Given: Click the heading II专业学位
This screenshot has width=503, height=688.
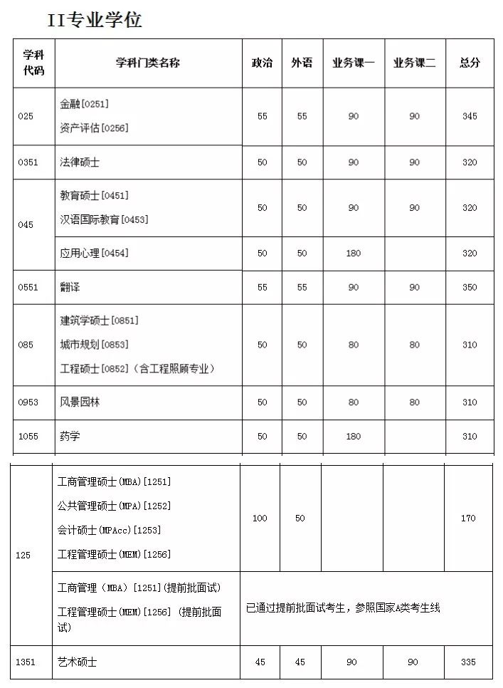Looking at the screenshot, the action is (x=95, y=20).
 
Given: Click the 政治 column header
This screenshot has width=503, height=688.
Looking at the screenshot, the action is (x=262, y=63).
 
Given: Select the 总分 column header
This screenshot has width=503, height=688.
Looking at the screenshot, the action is (x=470, y=63).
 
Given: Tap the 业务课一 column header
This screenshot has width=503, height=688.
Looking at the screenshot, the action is (x=353, y=63).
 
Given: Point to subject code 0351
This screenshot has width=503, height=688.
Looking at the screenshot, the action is (x=28, y=162).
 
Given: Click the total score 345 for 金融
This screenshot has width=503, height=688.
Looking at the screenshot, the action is (x=470, y=116).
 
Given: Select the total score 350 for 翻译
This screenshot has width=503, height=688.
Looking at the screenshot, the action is (x=470, y=287).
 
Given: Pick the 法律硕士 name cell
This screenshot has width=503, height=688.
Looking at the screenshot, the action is (x=80, y=162).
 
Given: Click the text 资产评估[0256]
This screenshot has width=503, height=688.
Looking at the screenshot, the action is (x=94, y=128).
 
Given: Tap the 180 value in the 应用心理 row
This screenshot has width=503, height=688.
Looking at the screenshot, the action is (x=353, y=254).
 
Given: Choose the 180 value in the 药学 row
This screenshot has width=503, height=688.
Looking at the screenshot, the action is (x=353, y=437).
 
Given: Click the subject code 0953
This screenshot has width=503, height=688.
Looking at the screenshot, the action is (x=28, y=402).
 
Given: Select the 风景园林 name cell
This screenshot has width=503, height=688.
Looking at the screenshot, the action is (x=80, y=402).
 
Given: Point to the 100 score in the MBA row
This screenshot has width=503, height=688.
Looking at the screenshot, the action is (x=260, y=518).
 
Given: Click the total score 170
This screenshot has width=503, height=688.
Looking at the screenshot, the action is (x=468, y=518).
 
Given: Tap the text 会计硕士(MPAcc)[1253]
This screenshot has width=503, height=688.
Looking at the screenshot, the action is (x=109, y=530).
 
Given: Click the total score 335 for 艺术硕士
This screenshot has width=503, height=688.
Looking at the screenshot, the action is (x=468, y=662).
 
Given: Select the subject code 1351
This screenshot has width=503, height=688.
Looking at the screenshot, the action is (x=26, y=662).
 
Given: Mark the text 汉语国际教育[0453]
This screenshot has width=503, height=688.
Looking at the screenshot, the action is (x=104, y=219).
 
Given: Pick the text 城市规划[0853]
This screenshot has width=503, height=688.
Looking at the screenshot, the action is (x=94, y=345).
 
